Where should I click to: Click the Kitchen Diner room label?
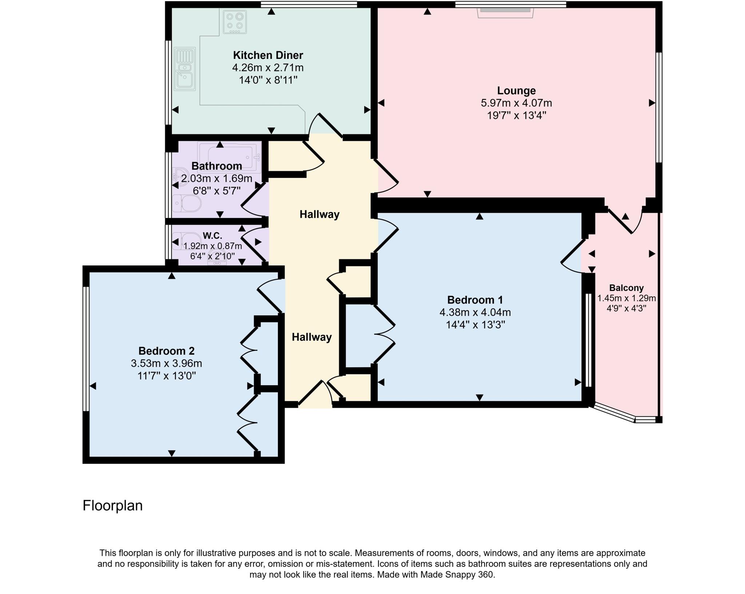268,55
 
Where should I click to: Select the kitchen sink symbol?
185,69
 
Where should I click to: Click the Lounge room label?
516,91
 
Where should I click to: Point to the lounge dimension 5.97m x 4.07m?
516,103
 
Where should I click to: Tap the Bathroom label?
216,166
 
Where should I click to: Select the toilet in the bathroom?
187,203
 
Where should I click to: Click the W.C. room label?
212,235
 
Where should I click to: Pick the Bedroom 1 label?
475,300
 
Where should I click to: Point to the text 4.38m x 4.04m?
475,312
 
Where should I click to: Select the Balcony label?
626,288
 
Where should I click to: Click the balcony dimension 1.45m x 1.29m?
626,298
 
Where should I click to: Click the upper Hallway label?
319,214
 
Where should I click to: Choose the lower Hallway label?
311,337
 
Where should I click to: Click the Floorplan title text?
112,506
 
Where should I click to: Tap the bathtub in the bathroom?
229,155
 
